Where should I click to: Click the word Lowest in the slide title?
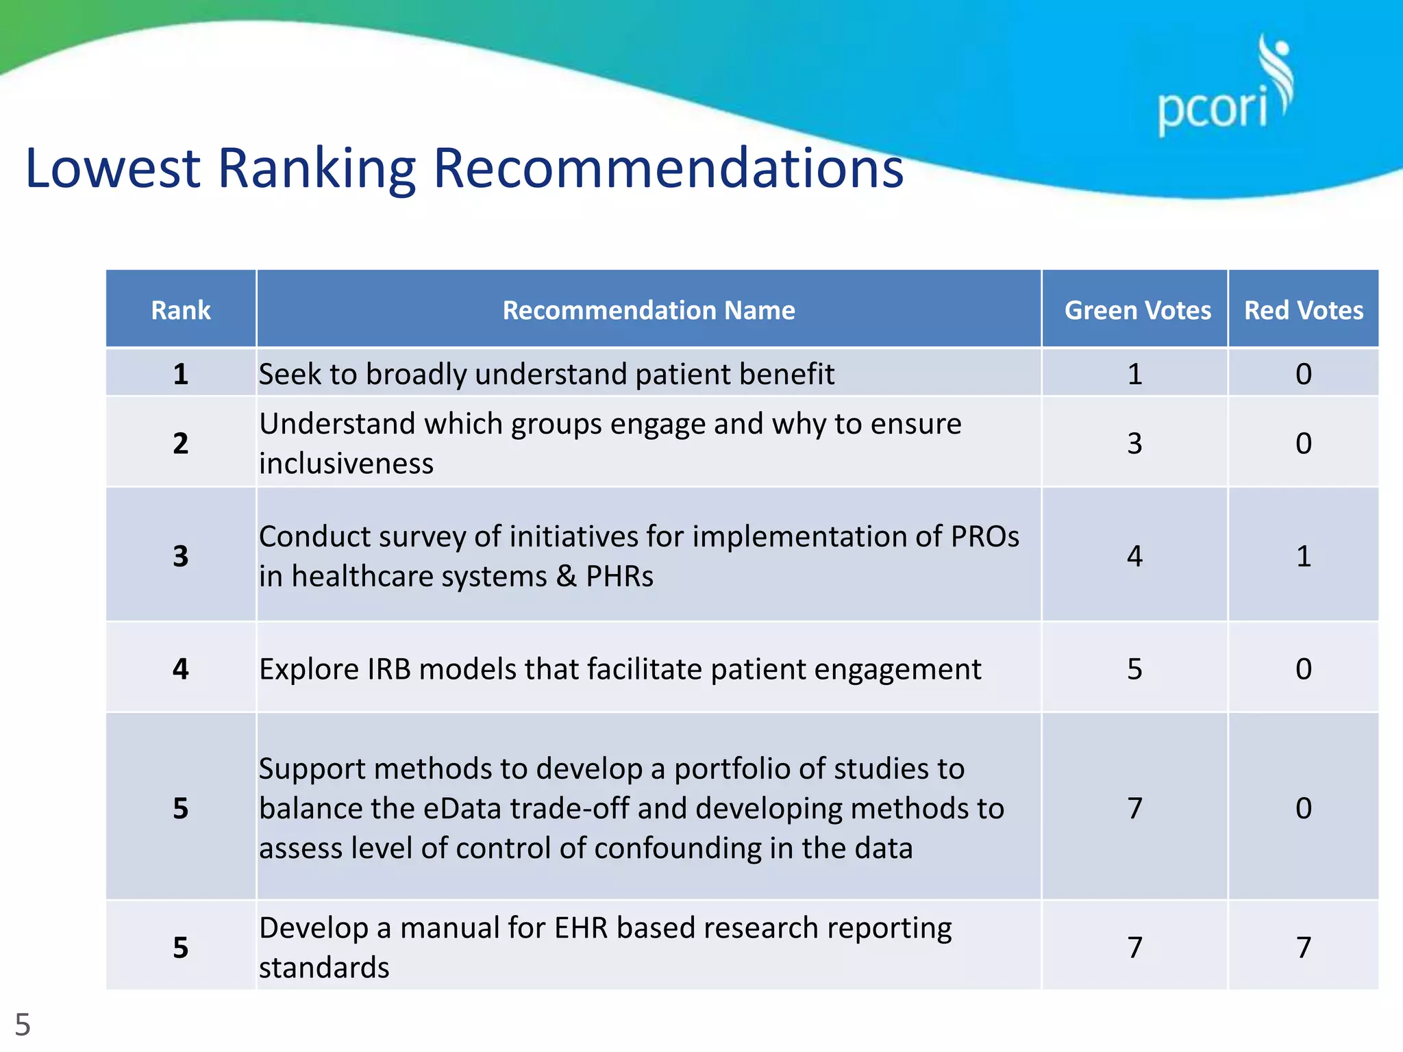(x=112, y=168)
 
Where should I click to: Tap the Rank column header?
(x=180, y=310)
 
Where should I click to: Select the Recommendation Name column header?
(x=648, y=310)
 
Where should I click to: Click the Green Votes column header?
(x=1137, y=310)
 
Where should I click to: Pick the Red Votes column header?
(x=1303, y=310)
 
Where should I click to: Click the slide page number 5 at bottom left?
(x=23, y=1025)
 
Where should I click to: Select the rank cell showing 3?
(x=180, y=555)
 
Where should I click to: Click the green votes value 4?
(x=1134, y=555)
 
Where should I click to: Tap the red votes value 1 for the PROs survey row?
(x=1303, y=555)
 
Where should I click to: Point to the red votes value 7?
(x=1303, y=947)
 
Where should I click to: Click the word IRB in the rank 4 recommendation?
(x=389, y=669)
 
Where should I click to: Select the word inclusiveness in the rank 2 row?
(x=346, y=464)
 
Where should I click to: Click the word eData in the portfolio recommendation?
(x=462, y=809)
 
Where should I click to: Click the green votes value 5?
(x=1134, y=669)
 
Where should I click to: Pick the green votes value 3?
(x=1134, y=443)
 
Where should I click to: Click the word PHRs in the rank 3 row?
(x=619, y=576)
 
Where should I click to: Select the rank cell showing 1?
(x=180, y=374)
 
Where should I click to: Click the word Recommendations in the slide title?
(x=668, y=168)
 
